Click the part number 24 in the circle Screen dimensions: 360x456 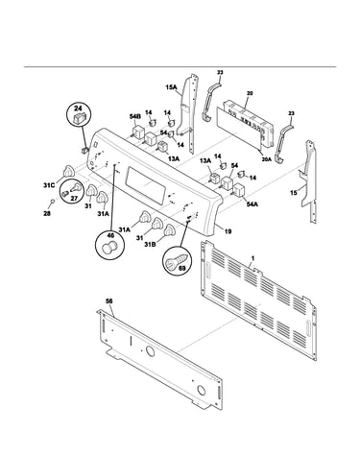(79, 108)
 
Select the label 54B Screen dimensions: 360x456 (134, 117)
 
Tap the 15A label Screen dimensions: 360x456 (171, 86)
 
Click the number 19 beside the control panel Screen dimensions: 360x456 (228, 231)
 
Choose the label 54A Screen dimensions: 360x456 (252, 204)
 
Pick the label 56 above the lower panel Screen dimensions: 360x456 (109, 301)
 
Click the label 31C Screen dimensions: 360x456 (49, 185)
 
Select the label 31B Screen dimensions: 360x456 (150, 245)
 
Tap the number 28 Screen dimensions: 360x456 (47, 213)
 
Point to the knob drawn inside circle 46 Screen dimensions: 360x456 (109, 248)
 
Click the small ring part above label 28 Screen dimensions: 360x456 (51, 201)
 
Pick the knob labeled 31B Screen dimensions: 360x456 (170, 230)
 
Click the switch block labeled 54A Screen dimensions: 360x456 (238, 190)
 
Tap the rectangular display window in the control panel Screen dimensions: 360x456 (147, 184)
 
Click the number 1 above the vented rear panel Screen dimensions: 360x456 (252, 257)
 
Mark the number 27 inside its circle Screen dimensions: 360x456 (74, 199)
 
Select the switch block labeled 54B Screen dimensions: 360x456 (137, 132)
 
